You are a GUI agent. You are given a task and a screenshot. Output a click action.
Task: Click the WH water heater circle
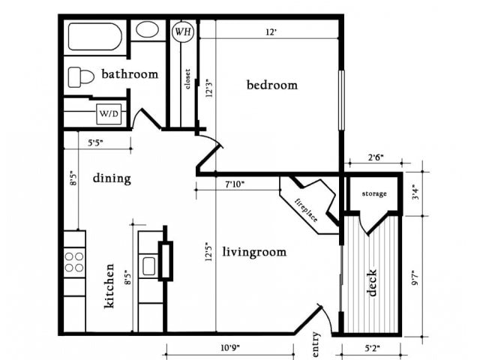click(x=182, y=31)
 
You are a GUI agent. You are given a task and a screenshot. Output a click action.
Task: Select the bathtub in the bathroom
click(x=95, y=36)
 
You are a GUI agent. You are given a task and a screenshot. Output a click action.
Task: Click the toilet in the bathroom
click(x=79, y=76)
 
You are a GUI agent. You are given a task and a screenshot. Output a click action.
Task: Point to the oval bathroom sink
click(x=148, y=30)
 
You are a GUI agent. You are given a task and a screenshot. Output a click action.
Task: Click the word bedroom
click(x=271, y=85)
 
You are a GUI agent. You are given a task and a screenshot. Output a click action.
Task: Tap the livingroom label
click(x=254, y=252)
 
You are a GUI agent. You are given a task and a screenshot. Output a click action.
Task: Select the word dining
click(x=112, y=178)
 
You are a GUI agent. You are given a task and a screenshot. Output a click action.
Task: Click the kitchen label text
click(x=110, y=286)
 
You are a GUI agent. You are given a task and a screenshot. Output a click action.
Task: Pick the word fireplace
click(x=304, y=210)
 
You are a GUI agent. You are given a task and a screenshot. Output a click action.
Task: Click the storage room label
click(x=374, y=193)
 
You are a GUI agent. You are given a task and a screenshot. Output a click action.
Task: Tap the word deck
click(x=372, y=283)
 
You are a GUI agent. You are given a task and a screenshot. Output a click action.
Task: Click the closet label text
click(x=187, y=79)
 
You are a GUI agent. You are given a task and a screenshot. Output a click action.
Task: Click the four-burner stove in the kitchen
click(x=74, y=261)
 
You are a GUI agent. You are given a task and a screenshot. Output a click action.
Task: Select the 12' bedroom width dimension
click(x=271, y=32)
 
